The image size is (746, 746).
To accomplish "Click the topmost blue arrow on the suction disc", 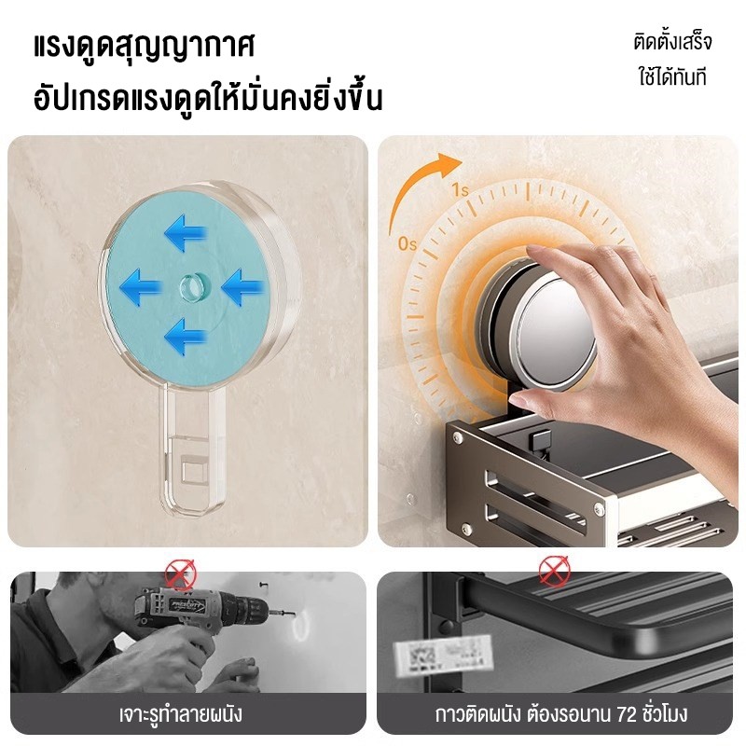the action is (x=186, y=232).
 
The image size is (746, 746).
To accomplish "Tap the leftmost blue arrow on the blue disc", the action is (x=141, y=286).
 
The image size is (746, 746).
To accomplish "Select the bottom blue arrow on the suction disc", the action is (x=186, y=336).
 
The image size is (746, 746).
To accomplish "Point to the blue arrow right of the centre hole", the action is (x=242, y=286).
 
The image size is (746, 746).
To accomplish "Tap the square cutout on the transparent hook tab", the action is (x=195, y=470).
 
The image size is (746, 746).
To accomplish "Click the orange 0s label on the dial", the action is (x=408, y=244).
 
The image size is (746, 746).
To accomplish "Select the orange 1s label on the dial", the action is (x=460, y=190).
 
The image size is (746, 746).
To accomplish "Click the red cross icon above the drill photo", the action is (x=181, y=574).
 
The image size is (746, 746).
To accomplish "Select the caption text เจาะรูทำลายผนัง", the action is (x=181, y=714).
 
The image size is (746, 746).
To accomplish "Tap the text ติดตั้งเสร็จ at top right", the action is (x=672, y=41).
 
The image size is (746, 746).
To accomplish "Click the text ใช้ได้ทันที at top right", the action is (x=672, y=77).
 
